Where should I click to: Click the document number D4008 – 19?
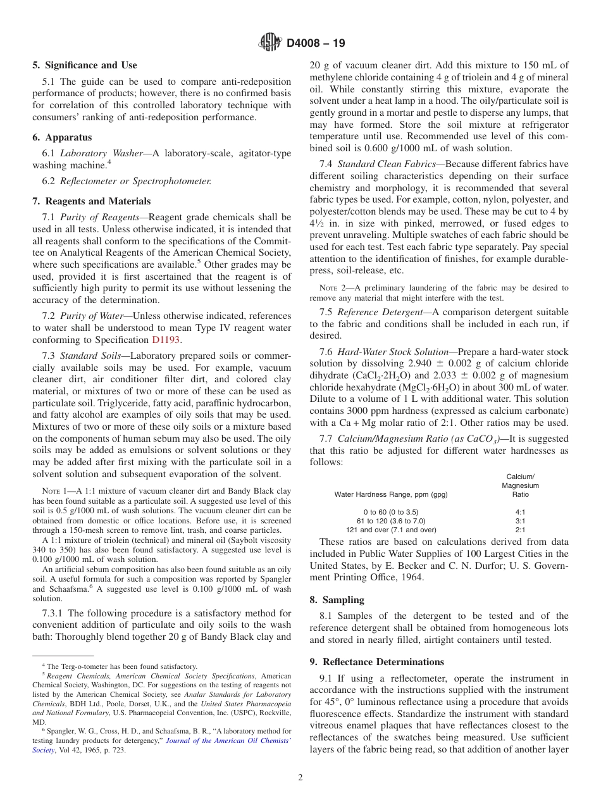click(316, 44)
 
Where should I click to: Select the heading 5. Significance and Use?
click(84, 65)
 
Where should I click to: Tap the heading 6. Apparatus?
click(62, 137)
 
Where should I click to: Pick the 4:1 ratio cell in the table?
click(521, 511)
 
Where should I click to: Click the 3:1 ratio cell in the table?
click(521, 520)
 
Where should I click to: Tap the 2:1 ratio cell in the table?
click(521, 530)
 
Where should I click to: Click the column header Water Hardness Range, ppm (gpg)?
click(390, 494)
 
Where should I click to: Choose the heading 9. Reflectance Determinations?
click(376, 662)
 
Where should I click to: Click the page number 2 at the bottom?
click(300, 778)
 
